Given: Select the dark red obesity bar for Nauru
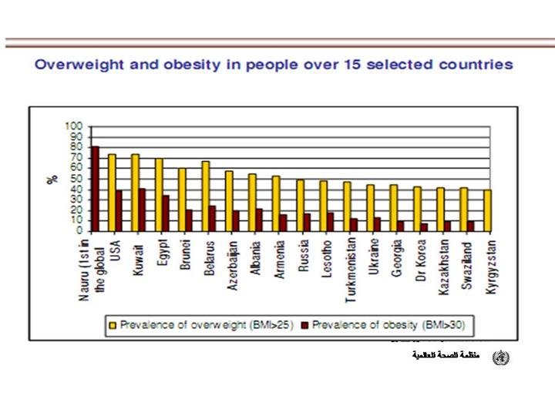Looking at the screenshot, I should [95, 189].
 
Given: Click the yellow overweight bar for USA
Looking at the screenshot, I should [112, 193].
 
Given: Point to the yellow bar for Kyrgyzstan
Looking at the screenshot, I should [487, 210].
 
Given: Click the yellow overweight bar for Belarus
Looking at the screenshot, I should [205, 196].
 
